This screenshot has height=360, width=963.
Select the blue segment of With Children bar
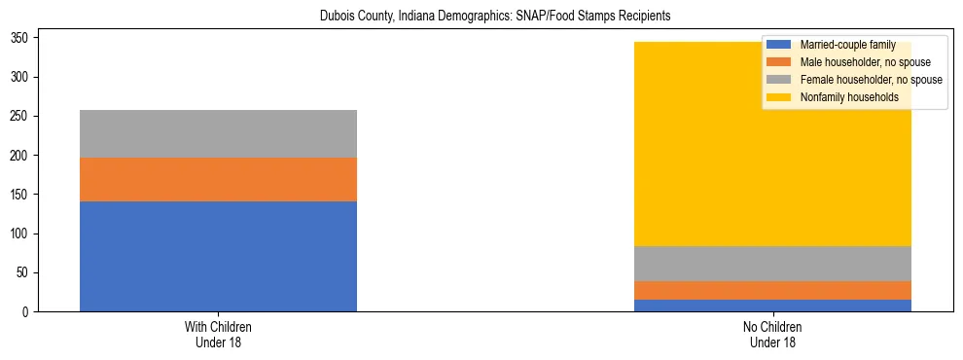click(218, 256)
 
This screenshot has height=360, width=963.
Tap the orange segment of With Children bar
click(218, 179)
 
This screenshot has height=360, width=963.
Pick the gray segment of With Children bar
click(218, 133)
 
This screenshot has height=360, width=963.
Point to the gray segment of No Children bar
click(773, 264)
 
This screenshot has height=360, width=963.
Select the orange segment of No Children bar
click(773, 290)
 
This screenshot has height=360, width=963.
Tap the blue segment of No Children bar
click(773, 306)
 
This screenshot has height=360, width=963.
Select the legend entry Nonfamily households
click(842, 97)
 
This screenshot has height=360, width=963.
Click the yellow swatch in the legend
click(779, 97)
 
